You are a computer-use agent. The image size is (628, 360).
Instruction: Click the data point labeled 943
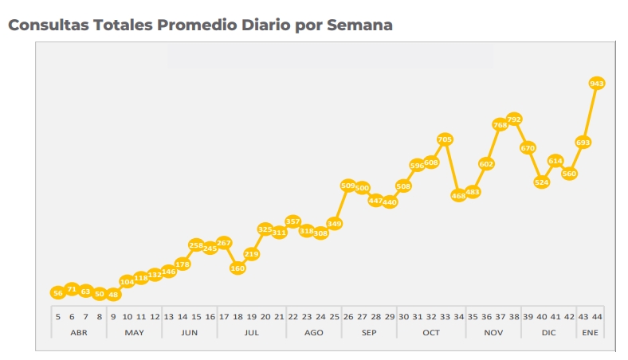pyautogui.click(x=597, y=83)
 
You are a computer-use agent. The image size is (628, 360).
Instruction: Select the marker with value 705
pyautogui.click(x=445, y=140)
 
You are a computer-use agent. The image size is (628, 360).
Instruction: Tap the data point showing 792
pyautogui.click(x=514, y=119)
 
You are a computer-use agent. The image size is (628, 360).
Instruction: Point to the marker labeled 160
pyautogui.click(x=237, y=268)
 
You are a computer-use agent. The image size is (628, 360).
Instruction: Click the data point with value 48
pyautogui.click(x=113, y=295)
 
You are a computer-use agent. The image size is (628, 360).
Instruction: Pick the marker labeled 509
pyautogui.click(x=348, y=186)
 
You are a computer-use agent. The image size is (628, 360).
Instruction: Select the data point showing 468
pyautogui.click(x=459, y=195)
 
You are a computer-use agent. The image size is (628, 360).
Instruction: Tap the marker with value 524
pyautogui.click(x=542, y=182)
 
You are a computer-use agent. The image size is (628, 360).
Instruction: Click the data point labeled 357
pyautogui.click(x=292, y=221)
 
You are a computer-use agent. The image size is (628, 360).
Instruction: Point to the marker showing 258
pyautogui.click(x=196, y=245)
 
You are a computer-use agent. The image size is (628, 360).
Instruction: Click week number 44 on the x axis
pyautogui.click(x=597, y=316)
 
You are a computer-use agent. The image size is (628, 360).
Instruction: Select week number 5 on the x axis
pyautogui.click(x=58, y=316)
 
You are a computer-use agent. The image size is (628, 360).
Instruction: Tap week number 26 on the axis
pyautogui.click(x=348, y=316)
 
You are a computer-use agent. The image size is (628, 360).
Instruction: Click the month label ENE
pyautogui.click(x=590, y=332)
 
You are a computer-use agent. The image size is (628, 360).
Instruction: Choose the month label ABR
pyautogui.click(x=79, y=332)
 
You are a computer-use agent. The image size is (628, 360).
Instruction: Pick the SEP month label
pyautogui.click(x=369, y=332)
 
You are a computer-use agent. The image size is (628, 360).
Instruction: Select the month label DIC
pyautogui.click(x=548, y=332)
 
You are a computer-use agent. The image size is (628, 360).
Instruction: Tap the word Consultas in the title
pyautogui.click(x=47, y=25)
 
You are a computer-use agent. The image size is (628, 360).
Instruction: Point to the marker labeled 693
pyautogui.click(x=583, y=143)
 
